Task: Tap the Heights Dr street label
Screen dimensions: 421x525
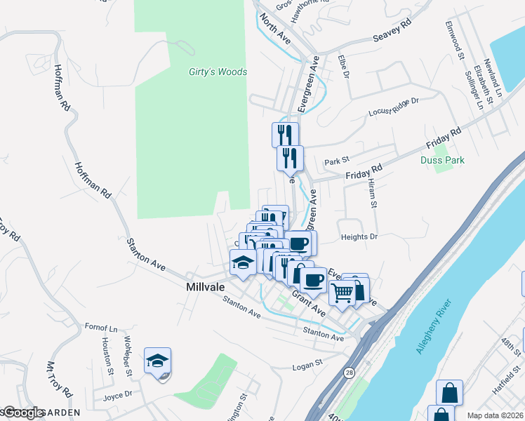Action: point(359,237)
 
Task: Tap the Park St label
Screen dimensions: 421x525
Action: point(337,162)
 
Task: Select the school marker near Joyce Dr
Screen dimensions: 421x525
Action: point(158,361)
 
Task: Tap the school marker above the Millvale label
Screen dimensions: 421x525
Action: point(244,263)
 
